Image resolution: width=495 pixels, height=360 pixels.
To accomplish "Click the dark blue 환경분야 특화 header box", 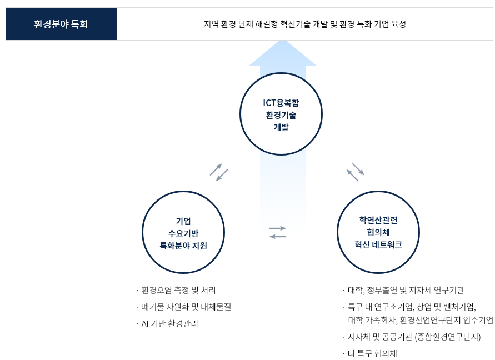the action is tap(61, 24).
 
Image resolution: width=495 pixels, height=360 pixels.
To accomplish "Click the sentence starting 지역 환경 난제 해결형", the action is tap(304, 24).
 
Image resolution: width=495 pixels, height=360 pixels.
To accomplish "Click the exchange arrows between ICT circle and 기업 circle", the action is tap(219, 172).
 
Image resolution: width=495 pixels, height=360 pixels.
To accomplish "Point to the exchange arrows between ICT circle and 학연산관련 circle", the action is tap(356, 172).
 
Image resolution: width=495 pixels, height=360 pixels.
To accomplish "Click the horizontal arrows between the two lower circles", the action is tap(278, 232).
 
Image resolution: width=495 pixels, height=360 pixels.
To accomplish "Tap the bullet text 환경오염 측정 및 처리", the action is tap(178, 290).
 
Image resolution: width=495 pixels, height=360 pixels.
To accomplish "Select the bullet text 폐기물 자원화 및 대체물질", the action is tap(186, 307).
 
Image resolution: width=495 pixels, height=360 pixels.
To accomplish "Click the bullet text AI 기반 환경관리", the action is tap(169, 323).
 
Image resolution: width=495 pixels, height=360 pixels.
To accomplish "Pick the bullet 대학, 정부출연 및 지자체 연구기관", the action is tap(406, 290).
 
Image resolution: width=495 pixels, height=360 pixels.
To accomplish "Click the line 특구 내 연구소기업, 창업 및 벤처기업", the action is tap(412, 307).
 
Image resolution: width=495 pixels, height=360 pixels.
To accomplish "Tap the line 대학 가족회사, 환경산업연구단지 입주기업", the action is tap(421, 320).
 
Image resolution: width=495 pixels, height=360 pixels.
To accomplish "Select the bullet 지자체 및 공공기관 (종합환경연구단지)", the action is tap(414, 337).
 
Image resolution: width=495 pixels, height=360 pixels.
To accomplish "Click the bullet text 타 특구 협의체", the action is tap(372, 353).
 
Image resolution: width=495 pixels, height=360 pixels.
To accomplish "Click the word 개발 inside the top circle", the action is tap(281, 127).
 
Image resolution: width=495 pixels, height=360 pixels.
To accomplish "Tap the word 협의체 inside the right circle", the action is tap(378, 232).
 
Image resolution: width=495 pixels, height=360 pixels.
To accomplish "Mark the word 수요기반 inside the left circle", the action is tap(183, 233).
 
